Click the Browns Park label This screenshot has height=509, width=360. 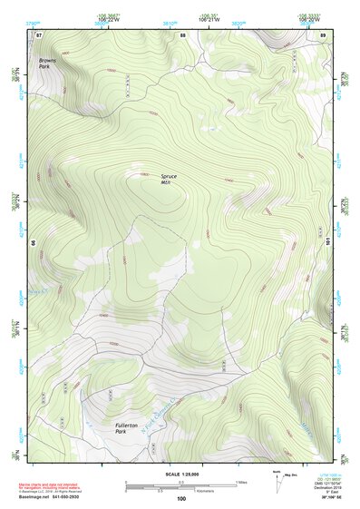(x=46, y=64)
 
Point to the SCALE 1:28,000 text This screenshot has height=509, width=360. (x=180, y=473)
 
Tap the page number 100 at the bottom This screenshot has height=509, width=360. (x=180, y=499)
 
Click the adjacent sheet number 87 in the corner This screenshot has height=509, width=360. (x=38, y=34)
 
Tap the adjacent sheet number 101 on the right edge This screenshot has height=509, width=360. (x=328, y=244)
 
